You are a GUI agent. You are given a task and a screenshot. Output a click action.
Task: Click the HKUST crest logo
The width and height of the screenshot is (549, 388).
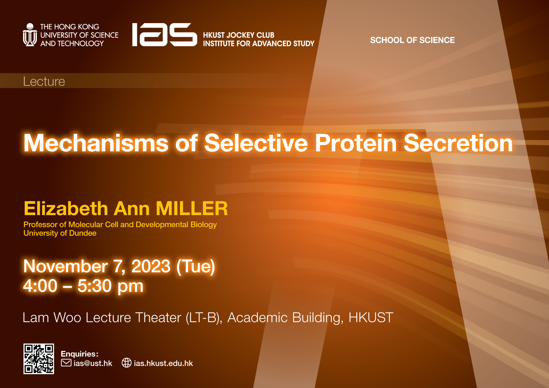coord(30,35)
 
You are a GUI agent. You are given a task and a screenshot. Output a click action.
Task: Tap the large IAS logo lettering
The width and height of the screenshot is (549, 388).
coord(164,35)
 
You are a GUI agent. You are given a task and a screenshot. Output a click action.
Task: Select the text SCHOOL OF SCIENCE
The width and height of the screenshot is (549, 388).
coord(412,40)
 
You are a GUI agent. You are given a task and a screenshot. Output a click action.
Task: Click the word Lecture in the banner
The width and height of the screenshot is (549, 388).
coord(44,81)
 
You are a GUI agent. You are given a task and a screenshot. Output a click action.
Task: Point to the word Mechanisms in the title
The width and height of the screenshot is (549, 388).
coord(96,143)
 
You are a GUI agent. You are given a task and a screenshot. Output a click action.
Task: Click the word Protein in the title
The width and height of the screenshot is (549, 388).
coord(355,143)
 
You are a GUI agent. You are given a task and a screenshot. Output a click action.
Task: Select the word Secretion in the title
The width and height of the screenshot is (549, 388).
coord(458,143)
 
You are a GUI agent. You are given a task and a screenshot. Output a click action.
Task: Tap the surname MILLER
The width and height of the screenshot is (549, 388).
coord(192,208)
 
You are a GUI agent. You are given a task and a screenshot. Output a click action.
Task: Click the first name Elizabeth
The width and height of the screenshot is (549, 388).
coord(66,208)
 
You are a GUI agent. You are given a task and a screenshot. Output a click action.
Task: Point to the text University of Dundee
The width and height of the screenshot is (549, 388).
coord(60,233)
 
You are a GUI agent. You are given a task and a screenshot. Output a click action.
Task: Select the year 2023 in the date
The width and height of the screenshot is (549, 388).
coord(151,266)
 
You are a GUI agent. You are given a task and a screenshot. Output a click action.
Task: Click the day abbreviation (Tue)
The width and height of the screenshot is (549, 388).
coord(196,266)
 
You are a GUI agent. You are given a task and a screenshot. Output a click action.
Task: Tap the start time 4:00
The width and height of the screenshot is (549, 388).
coord(40,286)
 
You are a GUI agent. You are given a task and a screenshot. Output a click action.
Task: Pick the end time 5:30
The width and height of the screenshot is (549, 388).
coord(94,286)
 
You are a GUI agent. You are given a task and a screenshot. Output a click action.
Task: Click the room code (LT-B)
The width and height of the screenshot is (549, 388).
coord(204,318)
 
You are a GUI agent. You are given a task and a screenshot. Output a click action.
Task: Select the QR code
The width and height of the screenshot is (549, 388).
coord(39,359)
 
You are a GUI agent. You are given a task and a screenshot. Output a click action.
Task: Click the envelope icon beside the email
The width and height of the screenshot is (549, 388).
coord(66,363)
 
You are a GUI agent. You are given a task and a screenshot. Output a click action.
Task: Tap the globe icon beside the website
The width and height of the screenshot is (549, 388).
coord(126,363)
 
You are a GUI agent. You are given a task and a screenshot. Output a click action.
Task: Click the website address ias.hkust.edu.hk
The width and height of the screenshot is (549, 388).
coord(163,363)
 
